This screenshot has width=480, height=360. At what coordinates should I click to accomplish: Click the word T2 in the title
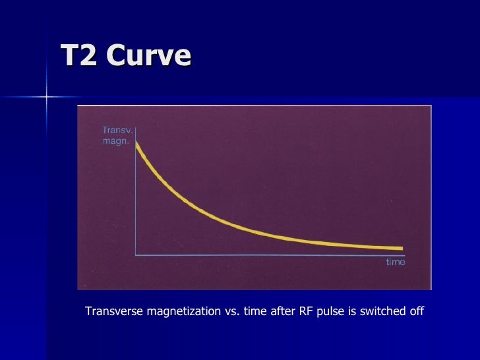(x=78, y=56)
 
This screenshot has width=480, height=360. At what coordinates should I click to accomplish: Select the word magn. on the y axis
(x=115, y=141)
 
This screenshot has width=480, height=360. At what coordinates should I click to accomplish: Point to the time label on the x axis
(x=396, y=262)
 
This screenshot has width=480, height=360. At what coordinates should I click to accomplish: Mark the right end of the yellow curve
(x=401, y=248)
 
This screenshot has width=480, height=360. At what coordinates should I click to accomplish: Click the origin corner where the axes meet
(x=136, y=254)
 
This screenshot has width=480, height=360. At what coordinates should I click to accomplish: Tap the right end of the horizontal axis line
(x=405, y=254)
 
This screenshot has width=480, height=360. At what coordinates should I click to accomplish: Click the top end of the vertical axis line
(x=136, y=127)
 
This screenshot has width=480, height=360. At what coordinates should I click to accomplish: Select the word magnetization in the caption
(x=182, y=311)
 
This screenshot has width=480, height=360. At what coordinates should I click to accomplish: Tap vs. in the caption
(x=231, y=311)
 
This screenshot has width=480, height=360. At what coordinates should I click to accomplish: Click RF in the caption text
(x=306, y=311)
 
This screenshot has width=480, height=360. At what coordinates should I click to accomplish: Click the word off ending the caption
(x=415, y=311)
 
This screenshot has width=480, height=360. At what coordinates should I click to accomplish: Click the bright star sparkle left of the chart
(x=46, y=97)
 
